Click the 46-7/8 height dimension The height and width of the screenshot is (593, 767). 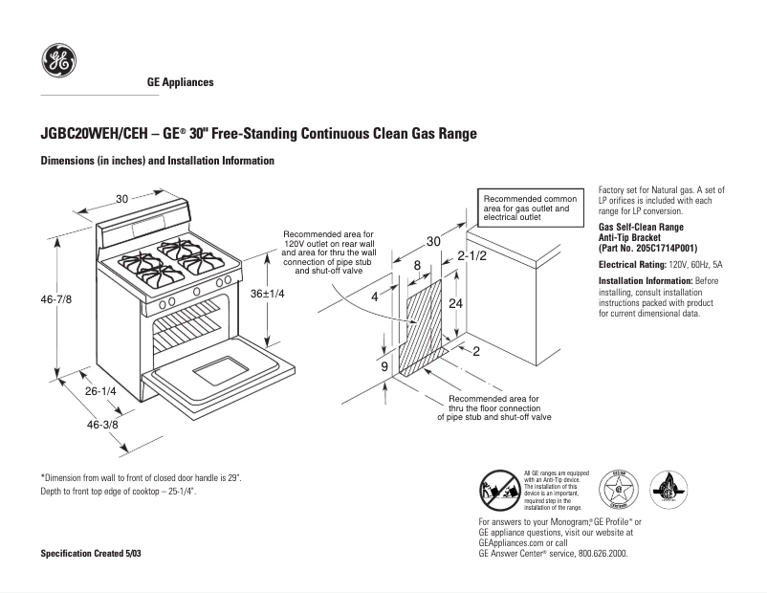[56, 299]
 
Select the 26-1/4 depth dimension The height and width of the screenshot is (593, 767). [100, 391]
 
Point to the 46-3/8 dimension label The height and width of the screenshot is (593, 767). [102, 423]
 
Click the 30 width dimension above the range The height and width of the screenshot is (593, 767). [122, 199]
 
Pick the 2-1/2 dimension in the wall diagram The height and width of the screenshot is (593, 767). [472, 256]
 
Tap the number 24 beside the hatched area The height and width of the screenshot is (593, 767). [456, 302]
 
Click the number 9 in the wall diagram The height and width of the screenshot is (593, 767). [384, 366]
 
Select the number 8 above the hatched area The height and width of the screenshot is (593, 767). [417, 265]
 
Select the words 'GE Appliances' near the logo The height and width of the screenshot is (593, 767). [180, 82]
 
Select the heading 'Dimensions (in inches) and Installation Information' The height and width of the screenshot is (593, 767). [158, 161]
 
